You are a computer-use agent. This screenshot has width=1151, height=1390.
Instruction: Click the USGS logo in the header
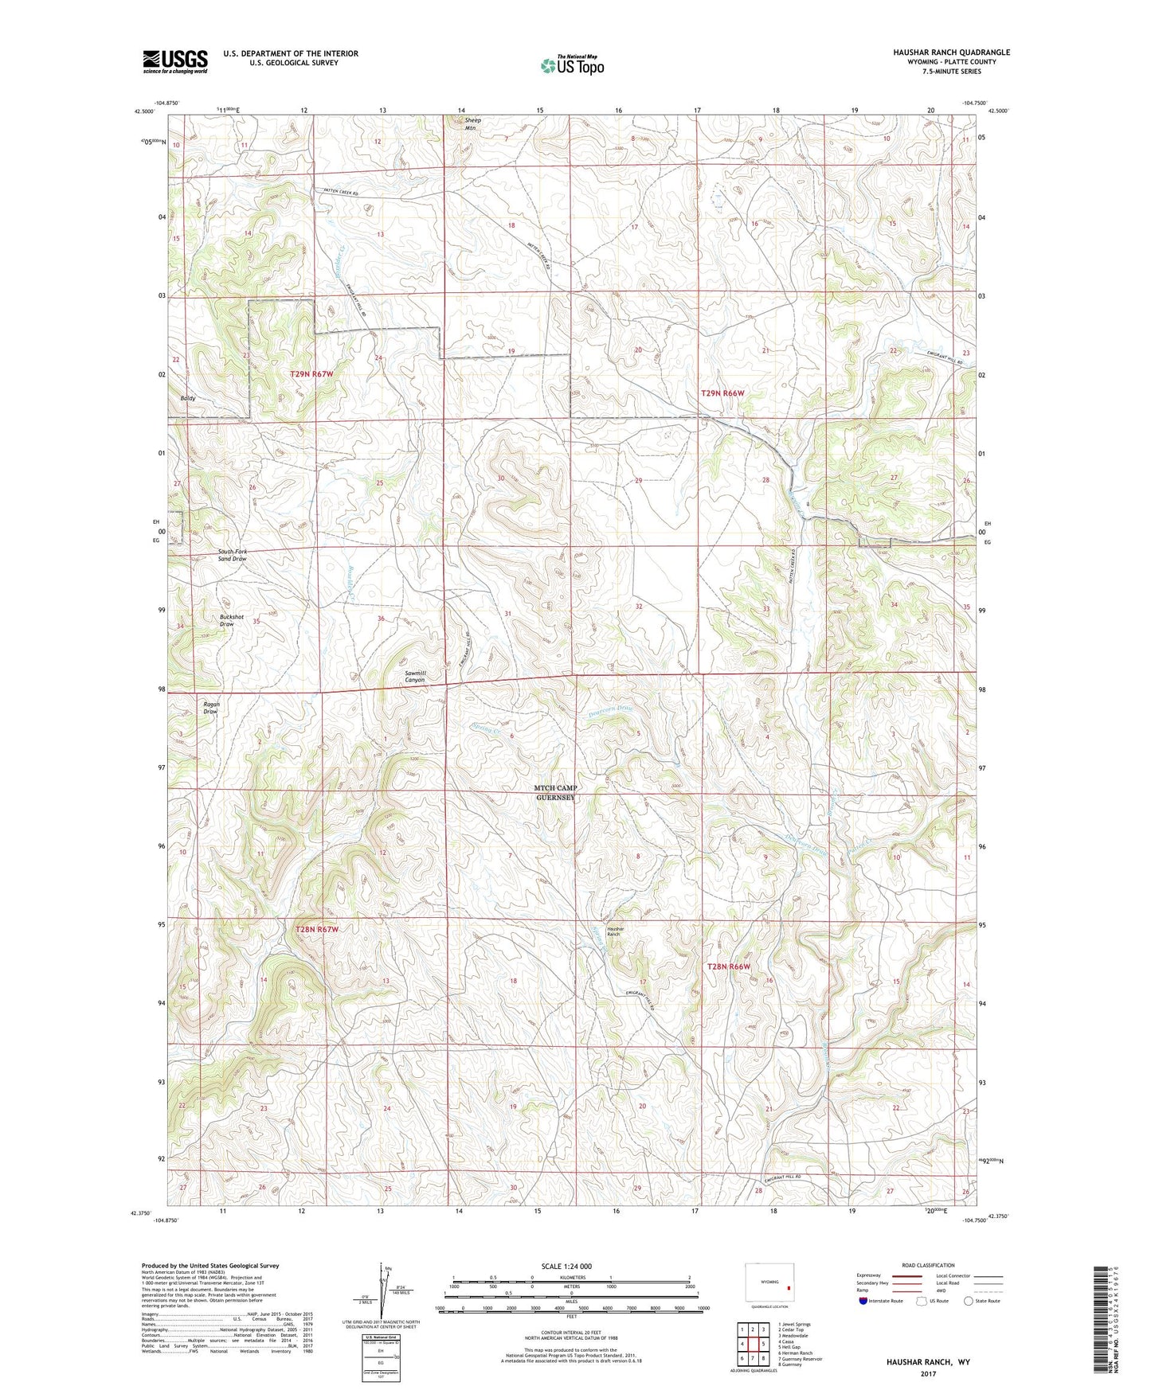tap(175, 61)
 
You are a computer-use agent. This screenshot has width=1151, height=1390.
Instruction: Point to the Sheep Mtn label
tap(472, 124)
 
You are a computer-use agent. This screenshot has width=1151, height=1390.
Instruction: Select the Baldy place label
tap(188, 398)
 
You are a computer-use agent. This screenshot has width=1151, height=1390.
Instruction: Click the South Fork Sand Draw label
tap(233, 555)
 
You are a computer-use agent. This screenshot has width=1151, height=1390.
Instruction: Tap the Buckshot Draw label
tap(227, 620)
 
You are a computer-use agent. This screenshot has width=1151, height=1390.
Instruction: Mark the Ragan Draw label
tap(210, 708)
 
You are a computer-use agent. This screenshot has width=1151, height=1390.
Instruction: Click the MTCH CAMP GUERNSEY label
tap(555, 792)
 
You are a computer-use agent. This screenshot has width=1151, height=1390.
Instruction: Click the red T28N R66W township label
tap(729, 966)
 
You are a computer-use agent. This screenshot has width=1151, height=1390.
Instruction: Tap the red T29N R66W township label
tap(722, 393)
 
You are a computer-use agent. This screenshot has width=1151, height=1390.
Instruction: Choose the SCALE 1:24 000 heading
tap(566, 1266)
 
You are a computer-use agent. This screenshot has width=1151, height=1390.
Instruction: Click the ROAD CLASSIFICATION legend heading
tap(927, 1265)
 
